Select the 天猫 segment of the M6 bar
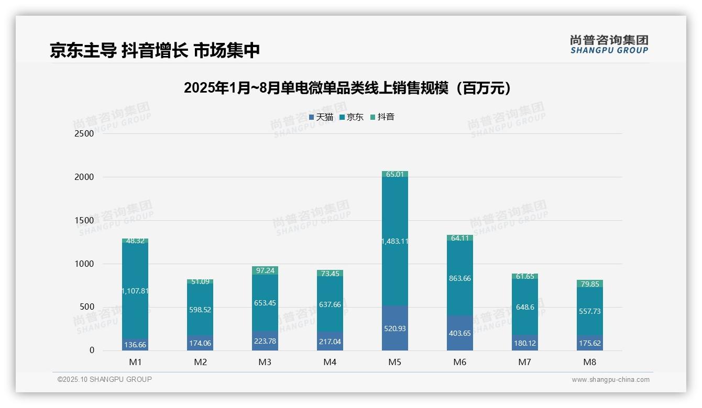point(460,333)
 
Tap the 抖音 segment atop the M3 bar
point(265,270)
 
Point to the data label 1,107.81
point(135,291)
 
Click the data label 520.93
point(395,328)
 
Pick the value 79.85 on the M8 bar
point(590,284)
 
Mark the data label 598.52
point(200,310)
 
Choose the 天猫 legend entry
point(321,117)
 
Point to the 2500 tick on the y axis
point(84,133)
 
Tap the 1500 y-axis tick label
point(84,220)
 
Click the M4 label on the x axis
point(330,362)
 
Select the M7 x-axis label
point(525,362)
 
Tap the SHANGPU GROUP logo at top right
point(609,44)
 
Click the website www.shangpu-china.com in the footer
point(610,380)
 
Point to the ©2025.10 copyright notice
point(105,379)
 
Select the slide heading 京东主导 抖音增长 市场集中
point(155,50)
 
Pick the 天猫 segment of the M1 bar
point(135,344)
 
